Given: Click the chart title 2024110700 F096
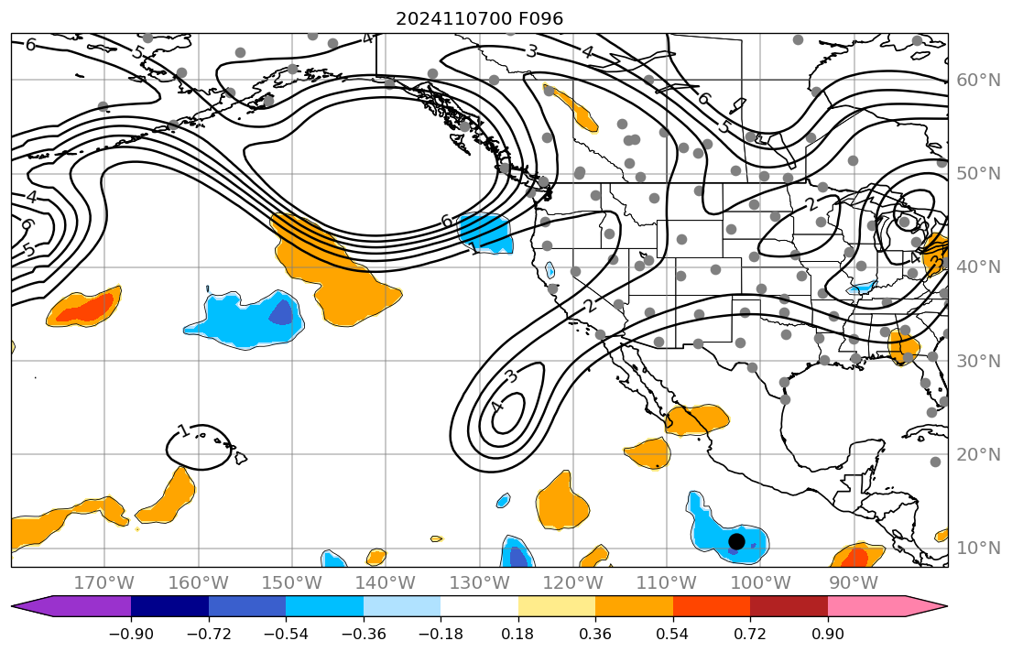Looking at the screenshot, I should pyautogui.click(x=479, y=18).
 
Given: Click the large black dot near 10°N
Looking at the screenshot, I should pyautogui.click(x=736, y=541).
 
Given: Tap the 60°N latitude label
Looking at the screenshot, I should pyautogui.click(x=978, y=81).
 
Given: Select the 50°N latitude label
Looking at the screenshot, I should pyautogui.click(x=978, y=174).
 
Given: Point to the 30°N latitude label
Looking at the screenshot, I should pyautogui.click(x=978, y=361).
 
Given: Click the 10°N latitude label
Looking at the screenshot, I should pyautogui.click(x=978, y=548).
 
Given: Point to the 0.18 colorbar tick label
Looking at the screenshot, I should pyautogui.click(x=518, y=635).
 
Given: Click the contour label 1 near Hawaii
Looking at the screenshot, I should pyautogui.click(x=183, y=430).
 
